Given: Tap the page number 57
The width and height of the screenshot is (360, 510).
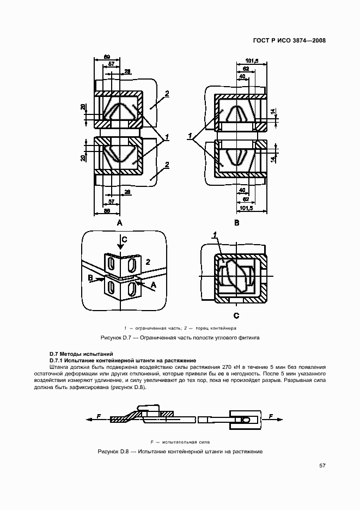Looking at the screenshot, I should (322, 466).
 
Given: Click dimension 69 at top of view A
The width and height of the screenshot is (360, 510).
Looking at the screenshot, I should (107, 57).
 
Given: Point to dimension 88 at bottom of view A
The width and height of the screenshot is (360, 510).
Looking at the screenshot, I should (107, 210).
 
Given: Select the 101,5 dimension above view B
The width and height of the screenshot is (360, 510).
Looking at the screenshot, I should (252, 60).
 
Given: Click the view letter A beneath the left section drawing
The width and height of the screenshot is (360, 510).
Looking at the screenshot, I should (119, 223).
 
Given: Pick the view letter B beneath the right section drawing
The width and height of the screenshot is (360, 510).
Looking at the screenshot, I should (236, 223).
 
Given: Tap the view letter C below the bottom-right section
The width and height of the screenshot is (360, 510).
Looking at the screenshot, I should (236, 315).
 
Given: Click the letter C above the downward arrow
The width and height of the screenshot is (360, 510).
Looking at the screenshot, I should (124, 239).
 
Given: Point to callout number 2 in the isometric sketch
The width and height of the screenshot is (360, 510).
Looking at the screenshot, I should (148, 262).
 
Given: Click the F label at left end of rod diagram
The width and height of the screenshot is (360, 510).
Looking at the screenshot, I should (99, 416).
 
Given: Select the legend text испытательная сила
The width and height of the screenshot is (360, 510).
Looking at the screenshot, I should (187, 442).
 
